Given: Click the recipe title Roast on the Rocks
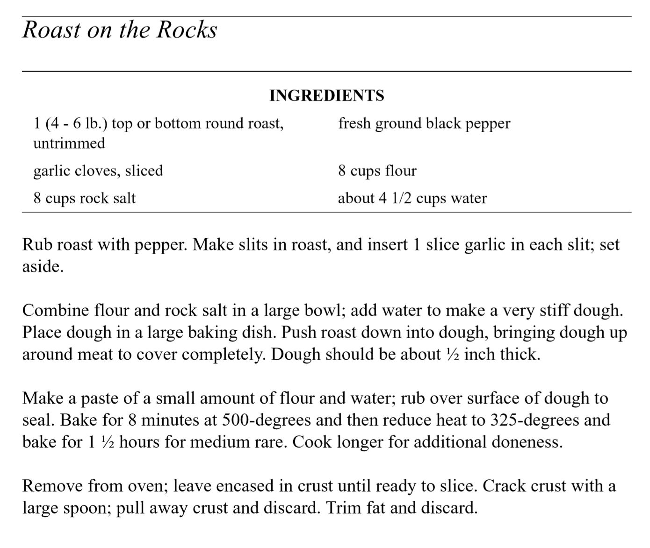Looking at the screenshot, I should pyautogui.click(x=120, y=30).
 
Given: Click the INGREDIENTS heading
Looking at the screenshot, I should pyautogui.click(x=326, y=95).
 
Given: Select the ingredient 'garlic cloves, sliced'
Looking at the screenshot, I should pyautogui.click(x=98, y=171).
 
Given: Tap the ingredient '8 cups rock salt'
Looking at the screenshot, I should pyautogui.click(x=84, y=198).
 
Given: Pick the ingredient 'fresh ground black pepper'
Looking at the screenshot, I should pyautogui.click(x=424, y=123).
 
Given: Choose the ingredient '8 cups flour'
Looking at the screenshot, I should pyautogui.click(x=377, y=171).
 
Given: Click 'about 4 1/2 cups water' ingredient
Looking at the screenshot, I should pyautogui.click(x=412, y=198).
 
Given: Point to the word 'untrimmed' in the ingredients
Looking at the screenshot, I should pyautogui.click(x=69, y=143).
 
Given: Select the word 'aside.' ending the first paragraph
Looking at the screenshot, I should pyautogui.click(x=43, y=267).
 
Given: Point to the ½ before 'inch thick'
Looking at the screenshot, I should pyautogui.click(x=452, y=355).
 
